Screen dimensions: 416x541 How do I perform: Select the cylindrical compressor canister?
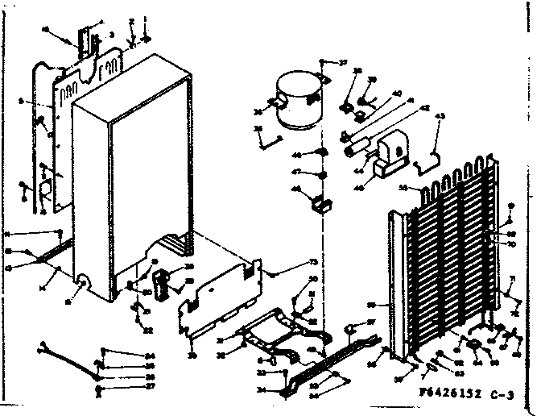pyautogui.click(x=297, y=99)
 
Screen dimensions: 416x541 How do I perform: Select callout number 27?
pyautogui.click(x=150, y=385)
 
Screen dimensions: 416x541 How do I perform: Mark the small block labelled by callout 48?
pyautogui.click(x=323, y=204)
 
